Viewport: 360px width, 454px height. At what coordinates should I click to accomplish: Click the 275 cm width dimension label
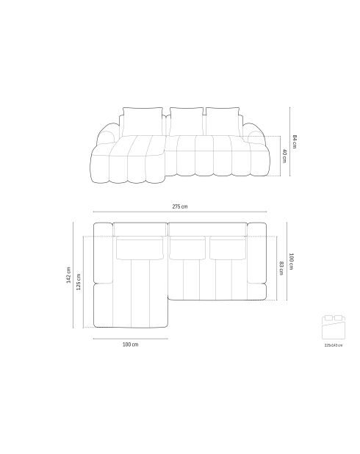(x=179, y=207)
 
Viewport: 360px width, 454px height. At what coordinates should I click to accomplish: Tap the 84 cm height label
(x=294, y=142)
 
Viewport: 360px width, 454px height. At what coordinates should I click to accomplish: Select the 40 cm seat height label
(x=284, y=155)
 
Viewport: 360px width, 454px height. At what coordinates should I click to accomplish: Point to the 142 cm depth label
(x=68, y=274)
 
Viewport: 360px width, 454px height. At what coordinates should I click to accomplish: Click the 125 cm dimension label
(x=79, y=281)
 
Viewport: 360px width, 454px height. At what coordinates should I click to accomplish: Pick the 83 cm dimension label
(x=281, y=267)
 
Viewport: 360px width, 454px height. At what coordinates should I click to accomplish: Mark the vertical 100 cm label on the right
(x=291, y=261)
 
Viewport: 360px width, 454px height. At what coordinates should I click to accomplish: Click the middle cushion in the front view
(x=186, y=120)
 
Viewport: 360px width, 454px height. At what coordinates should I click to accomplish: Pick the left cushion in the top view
(x=140, y=248)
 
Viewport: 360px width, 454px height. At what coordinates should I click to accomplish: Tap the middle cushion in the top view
(x=187, y=248)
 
